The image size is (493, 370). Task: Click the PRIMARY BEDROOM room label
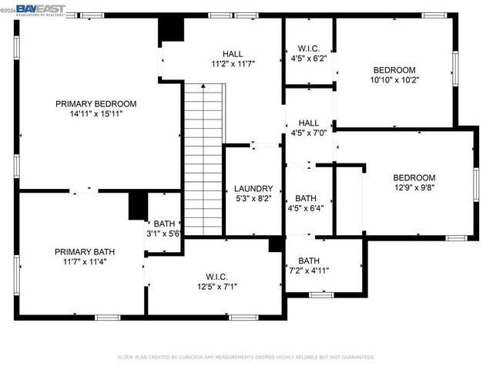coord(96,103)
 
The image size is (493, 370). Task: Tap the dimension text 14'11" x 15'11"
coord(96,113)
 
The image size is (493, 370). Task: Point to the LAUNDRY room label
coord(253,188)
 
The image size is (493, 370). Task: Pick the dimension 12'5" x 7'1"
coord(216,287)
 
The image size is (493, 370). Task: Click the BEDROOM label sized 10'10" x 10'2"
coord(394,69)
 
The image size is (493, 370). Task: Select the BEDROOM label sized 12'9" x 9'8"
coord(414,177)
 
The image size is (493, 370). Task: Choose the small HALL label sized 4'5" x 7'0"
coord(309,123)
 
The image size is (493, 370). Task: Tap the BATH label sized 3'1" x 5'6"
coord(163,224)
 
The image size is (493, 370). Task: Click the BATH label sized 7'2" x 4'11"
coord(309,261)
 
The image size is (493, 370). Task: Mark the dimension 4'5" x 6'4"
coord(305,207)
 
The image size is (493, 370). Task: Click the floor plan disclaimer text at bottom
coord(246,357)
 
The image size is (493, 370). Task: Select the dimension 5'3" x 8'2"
coord(253,198)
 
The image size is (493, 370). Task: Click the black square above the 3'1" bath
coord(138,205)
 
